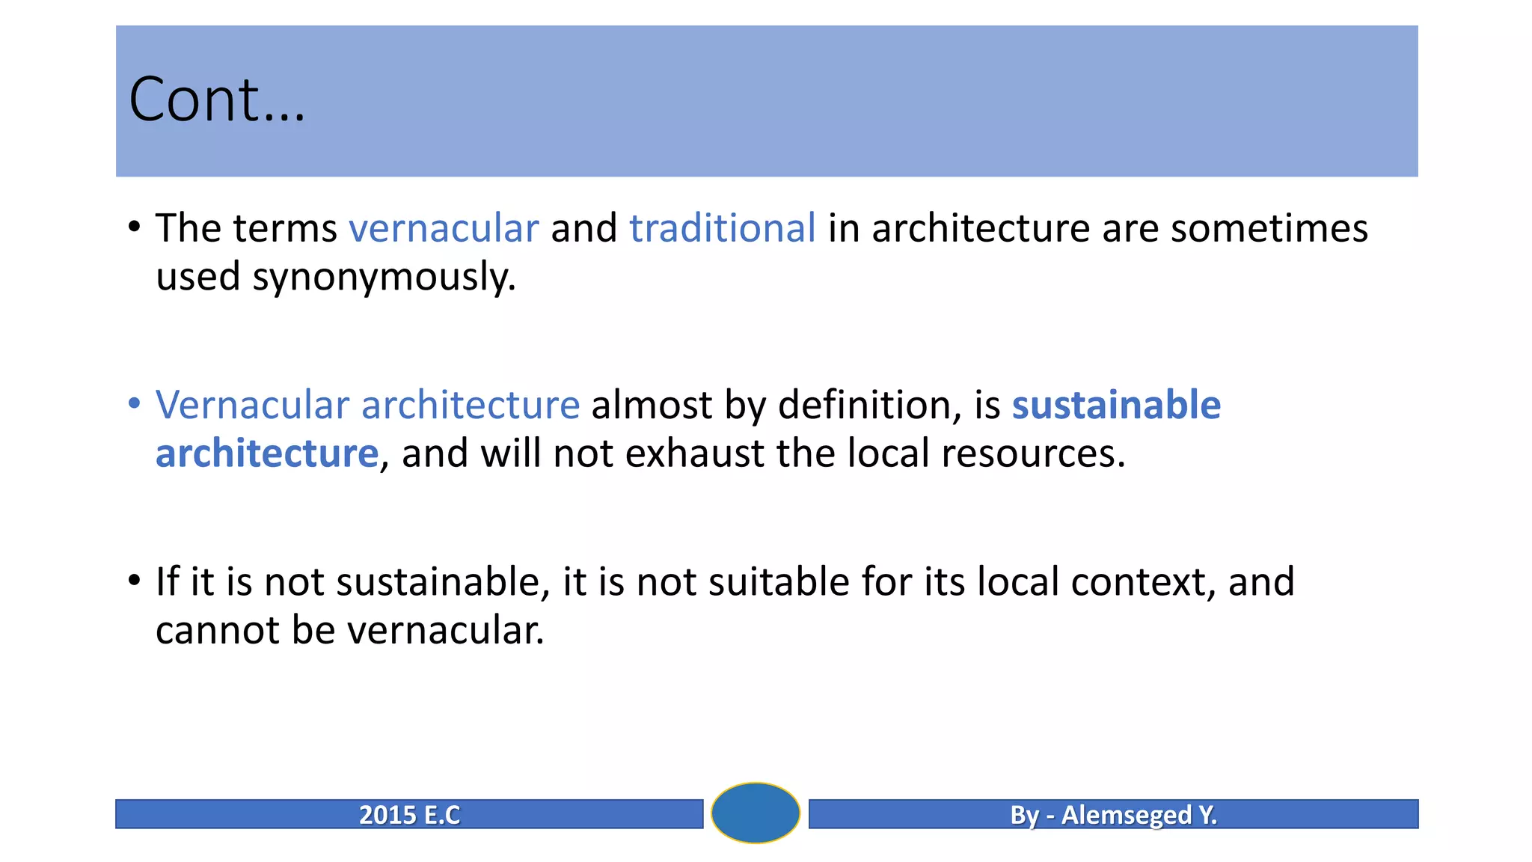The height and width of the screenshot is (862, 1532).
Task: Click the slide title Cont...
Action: [x=217, y=100]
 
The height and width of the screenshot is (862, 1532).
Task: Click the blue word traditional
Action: [x=722, y=228]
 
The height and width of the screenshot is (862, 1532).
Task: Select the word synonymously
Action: [x=384, y=278]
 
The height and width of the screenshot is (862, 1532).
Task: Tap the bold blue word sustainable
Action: [x=1115, y=405]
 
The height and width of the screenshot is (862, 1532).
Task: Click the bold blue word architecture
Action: [x=267, y=453]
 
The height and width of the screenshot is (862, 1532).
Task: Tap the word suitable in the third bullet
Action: [x=779, y=582]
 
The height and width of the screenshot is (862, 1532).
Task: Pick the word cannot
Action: [x=217, y=630]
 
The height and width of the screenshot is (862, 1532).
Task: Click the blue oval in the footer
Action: [x=755, y=813]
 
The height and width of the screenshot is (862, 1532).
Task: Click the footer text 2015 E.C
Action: [x=409, y=814]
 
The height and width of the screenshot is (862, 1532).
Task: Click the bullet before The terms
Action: [x=134, y=227]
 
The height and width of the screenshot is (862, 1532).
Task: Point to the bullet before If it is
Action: [x=134, y=581]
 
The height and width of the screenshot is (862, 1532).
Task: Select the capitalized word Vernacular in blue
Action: [x=252, y=405]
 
